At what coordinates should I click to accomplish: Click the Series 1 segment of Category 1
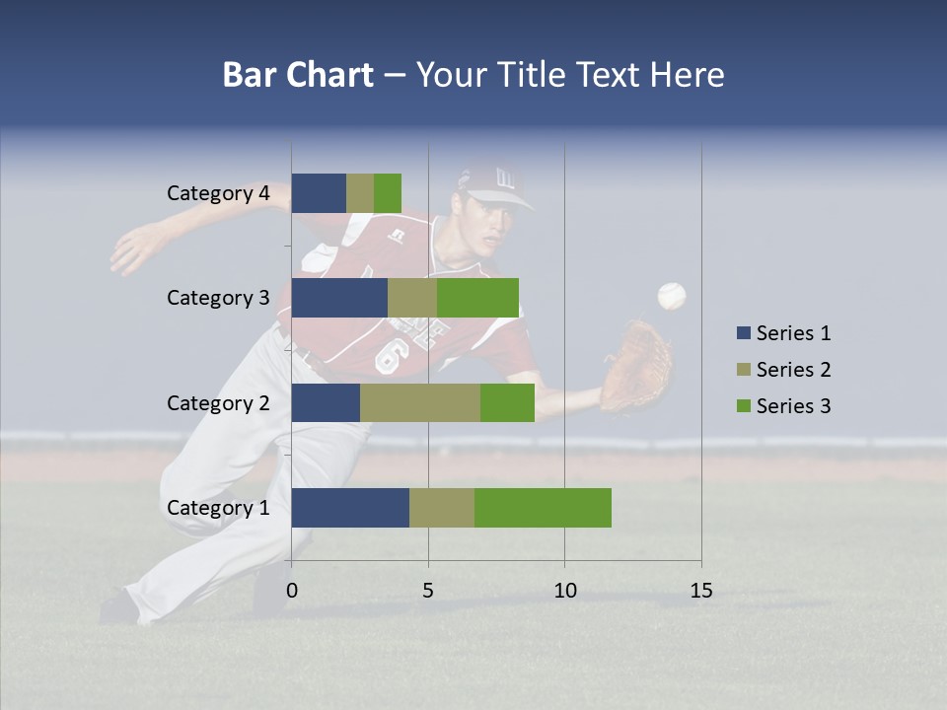(350, 508)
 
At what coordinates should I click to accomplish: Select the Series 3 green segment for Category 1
(543, 508)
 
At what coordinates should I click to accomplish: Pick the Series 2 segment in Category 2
(420, 402)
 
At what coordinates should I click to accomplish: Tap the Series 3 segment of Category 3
(477, 298)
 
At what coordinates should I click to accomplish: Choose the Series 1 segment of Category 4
(319, 193)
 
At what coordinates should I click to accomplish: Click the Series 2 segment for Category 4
(360, 193)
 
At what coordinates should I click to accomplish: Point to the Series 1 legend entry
(784, 333)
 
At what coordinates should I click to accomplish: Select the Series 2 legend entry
(784, 370)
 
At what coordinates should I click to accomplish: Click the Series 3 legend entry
(784, 406)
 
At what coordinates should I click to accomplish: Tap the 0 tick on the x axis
(292, 591)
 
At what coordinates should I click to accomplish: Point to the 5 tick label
(428, 591)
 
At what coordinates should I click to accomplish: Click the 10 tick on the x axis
(564, 591)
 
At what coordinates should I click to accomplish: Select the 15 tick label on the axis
(701, 591)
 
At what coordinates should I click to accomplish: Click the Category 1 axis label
(218, 508)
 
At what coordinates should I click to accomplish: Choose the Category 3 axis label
(218, 298)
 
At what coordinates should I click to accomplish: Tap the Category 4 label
(218, 193)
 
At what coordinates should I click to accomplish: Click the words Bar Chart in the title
(298, 75)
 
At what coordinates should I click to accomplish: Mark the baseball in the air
(672, 296)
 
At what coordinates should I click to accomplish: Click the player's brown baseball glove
(636, 365)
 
